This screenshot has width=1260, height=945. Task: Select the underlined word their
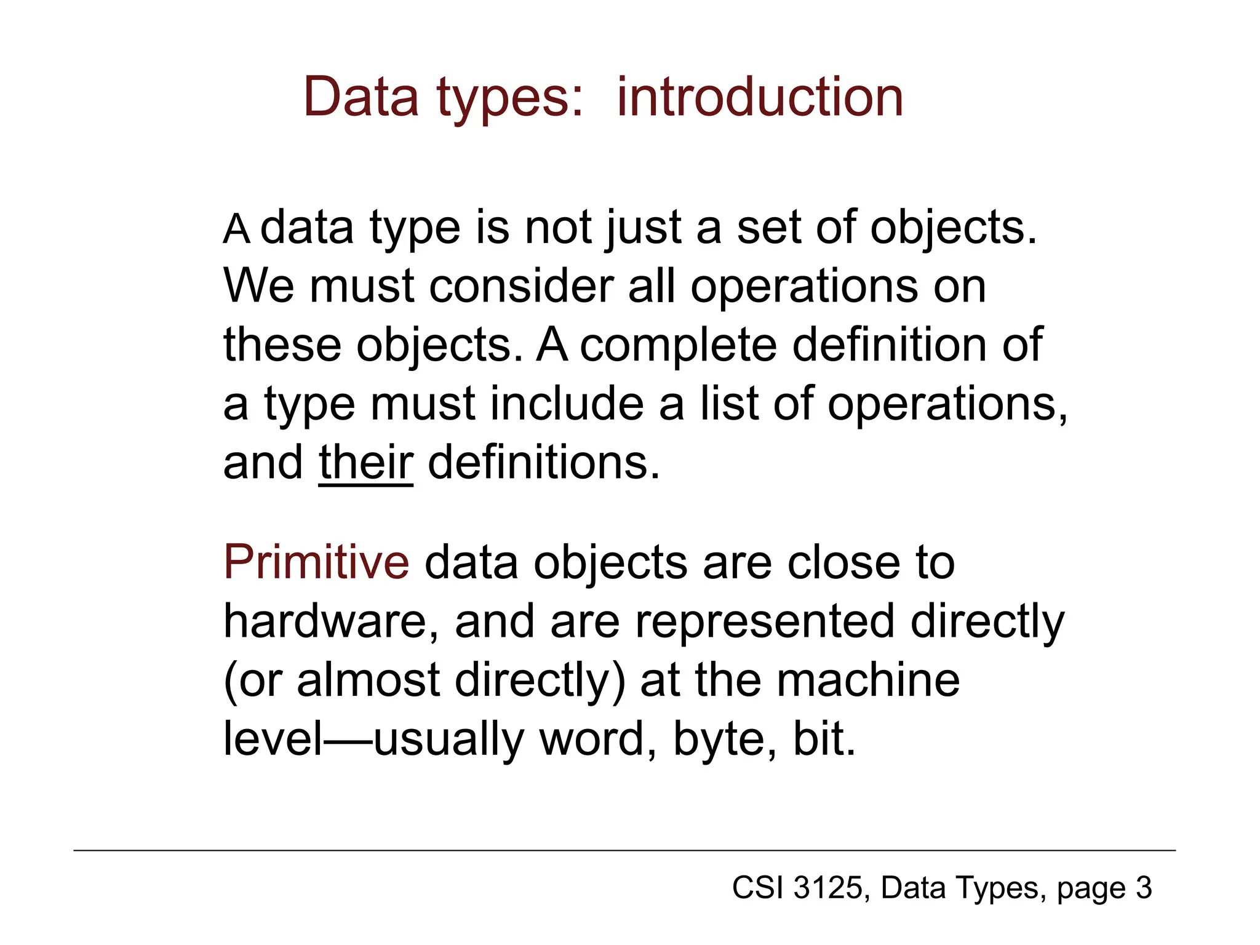[x=365, y=463]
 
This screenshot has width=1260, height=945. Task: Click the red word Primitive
[x=316, y=562]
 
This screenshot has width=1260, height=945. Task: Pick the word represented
[x=764, y=621]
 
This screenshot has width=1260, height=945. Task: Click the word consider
[x=521, y=287]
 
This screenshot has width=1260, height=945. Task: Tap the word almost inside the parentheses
[x=369, y=680]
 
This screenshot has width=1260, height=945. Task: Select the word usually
[x=448, y=740]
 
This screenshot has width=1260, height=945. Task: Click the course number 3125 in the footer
[x=829, y=888]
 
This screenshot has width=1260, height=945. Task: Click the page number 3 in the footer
[x=1144, y=888]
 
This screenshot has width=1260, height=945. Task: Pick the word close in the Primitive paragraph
[x=840, y=562]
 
